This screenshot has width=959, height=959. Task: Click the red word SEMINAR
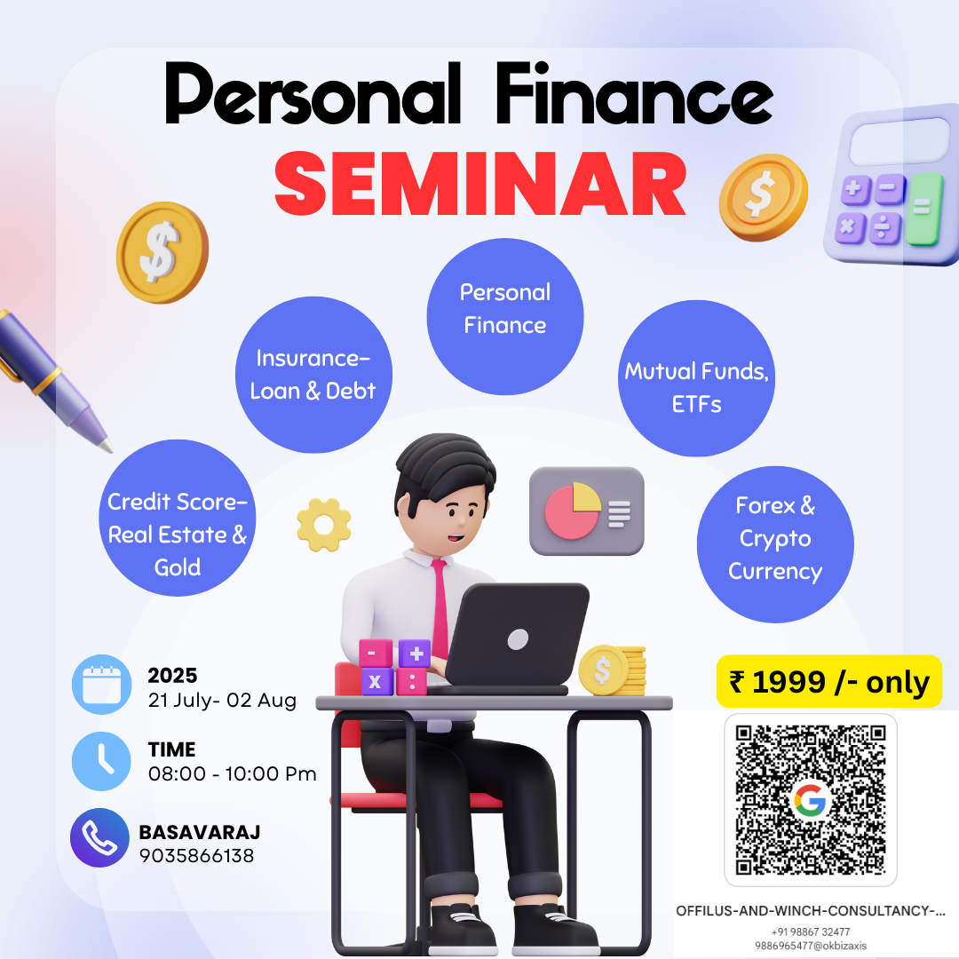click(x=480, y=184)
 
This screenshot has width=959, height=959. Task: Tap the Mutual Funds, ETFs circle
click(x=696, y=378)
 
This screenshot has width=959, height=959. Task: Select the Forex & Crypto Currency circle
click(x=775, y=544)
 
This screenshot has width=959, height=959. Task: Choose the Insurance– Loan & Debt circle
click(x=313, y=375)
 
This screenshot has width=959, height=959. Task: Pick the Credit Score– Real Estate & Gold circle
click(x=178, y=518)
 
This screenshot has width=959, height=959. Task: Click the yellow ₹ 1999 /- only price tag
click(x=828, y=681)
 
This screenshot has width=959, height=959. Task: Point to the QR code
click(x=811, y=800)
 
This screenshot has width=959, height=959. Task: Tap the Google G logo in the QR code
click(x=810, y=801)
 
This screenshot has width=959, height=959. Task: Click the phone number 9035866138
click(x=196, y=856)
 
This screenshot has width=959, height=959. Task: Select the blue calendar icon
click(x=101, y=685)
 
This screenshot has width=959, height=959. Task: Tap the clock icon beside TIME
click(x=101, y=762)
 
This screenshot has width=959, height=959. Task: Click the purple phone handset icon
click(x=99, y=838)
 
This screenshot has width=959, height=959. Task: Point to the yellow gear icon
click(x=323, y=525)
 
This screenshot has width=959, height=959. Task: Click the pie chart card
click(x=587, y=511)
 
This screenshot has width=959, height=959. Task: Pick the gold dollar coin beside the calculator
click(x=764, y=196)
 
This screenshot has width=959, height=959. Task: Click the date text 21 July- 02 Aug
click(x=222, y=700)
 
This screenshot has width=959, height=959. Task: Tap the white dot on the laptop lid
click(x=518, y=639)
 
